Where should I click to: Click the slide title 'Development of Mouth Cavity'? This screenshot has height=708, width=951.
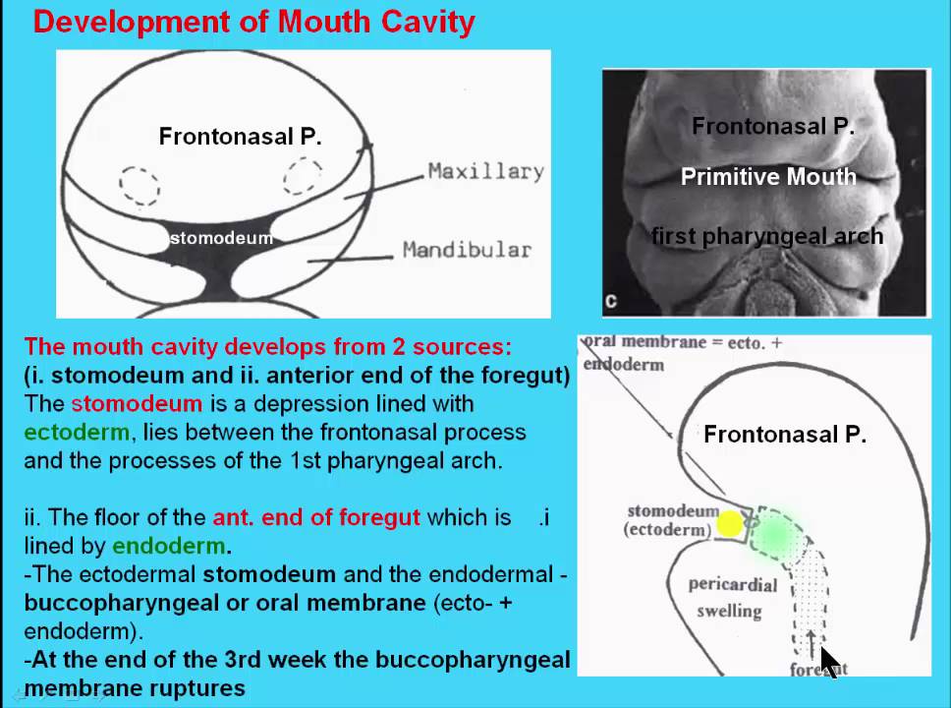253,22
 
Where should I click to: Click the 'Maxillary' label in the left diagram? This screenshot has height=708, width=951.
485,171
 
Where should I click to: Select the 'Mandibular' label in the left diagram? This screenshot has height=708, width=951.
467,250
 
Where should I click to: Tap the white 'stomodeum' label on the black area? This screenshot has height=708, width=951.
221,238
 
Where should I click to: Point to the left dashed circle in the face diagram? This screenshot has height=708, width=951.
140,185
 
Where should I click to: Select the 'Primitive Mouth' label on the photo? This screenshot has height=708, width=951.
768,177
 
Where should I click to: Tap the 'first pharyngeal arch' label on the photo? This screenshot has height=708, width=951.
767,236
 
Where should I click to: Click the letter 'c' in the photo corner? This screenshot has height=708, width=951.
611,302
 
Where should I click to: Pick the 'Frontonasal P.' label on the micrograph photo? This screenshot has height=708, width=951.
772,126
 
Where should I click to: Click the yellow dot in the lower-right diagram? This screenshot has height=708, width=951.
729,524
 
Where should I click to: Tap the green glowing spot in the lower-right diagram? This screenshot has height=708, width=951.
775,535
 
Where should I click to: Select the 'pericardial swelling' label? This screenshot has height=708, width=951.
732,598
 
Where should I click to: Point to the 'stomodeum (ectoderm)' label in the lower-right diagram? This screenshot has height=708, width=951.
669,520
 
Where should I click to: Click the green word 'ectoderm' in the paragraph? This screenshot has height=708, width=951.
77,432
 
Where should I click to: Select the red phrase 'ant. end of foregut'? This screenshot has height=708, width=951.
316,517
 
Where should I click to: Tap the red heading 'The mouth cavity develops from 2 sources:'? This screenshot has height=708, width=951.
267,346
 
